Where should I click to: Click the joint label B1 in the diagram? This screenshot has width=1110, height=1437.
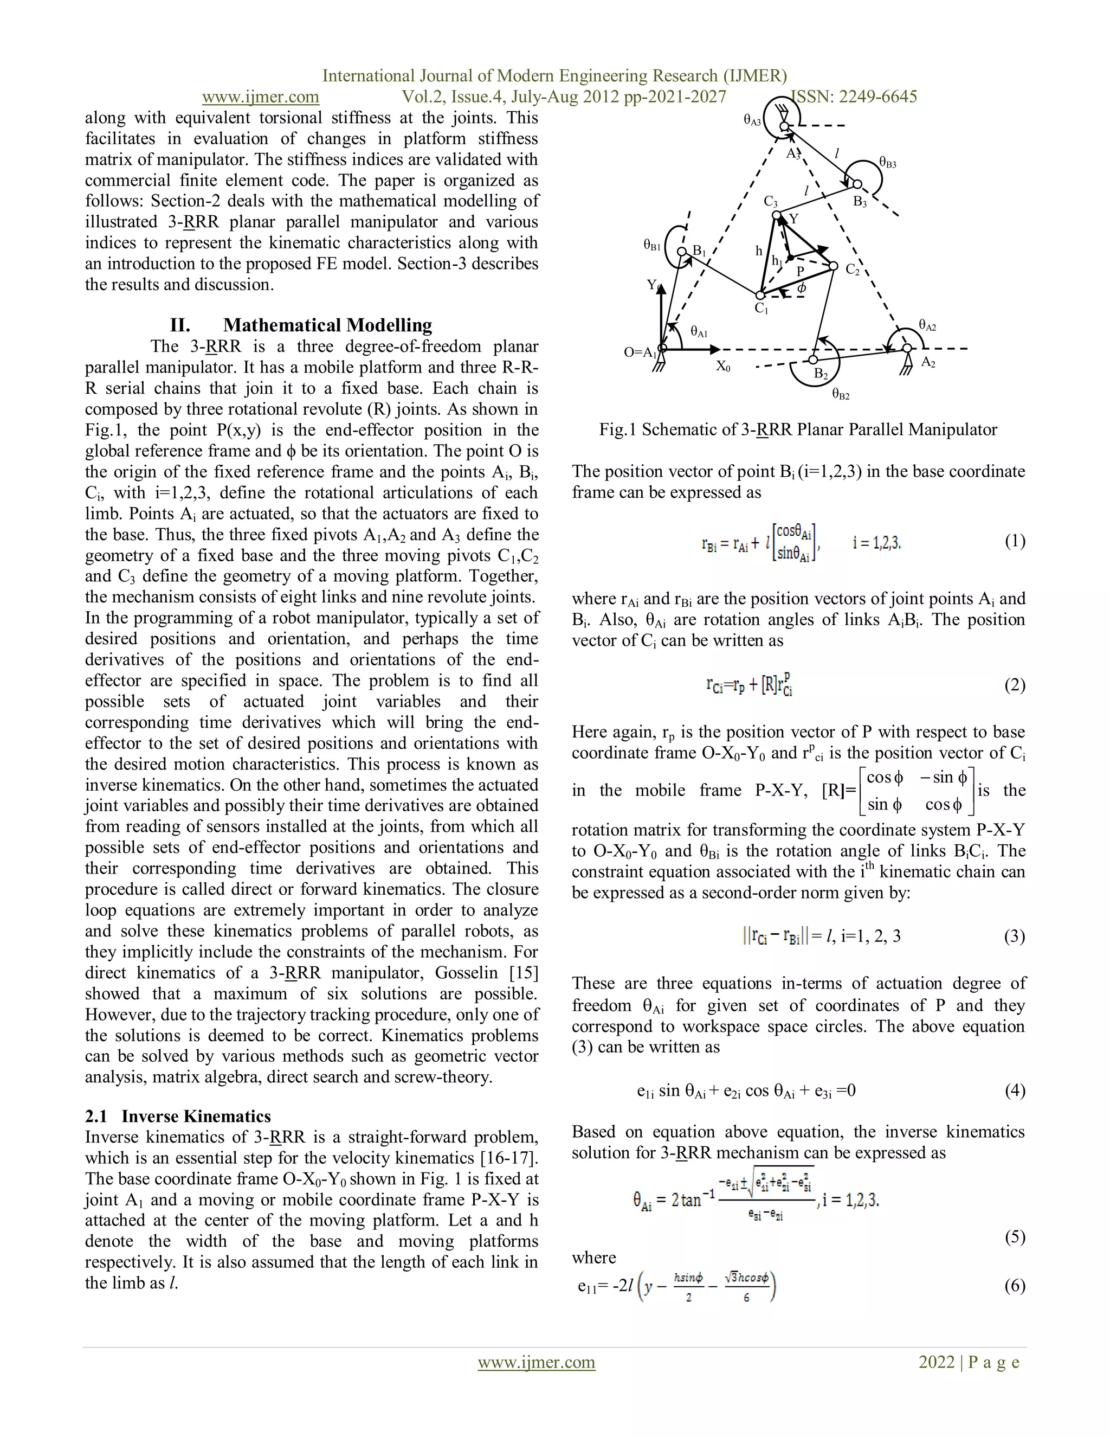pyautogui.click(x=699, y=252)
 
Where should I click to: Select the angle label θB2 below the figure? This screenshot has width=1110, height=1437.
pyautogui.click(x=841, y=395)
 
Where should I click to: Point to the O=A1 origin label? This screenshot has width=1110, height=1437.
pyautogui.click(x=641, y=352)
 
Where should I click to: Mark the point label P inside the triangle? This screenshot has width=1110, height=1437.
pyautogui.click(x=801, y=271)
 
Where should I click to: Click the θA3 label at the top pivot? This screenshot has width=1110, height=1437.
pyautogui.click(x=752, y=120)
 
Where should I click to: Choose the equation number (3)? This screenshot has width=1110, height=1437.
pyautogui.click(x=1014, y=936)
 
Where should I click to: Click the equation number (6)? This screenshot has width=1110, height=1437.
pyautogui.click(x=1014, y=1286)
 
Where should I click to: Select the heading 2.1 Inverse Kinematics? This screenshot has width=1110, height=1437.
pyautogui.click(x=178, y=1117)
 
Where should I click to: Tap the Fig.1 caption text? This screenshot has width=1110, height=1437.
pyautogui.click(x=798, y=429)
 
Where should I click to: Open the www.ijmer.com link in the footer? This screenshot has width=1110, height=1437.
pyautogui.click(x=536, y=1363)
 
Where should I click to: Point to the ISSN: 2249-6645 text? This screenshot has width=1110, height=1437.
pyautogui.click(x=854, y=97)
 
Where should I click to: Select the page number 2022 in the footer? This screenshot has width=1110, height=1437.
pyautogui.click(x=937, y=1362)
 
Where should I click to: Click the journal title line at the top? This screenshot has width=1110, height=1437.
pyautogui.click(x=554, y=76)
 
